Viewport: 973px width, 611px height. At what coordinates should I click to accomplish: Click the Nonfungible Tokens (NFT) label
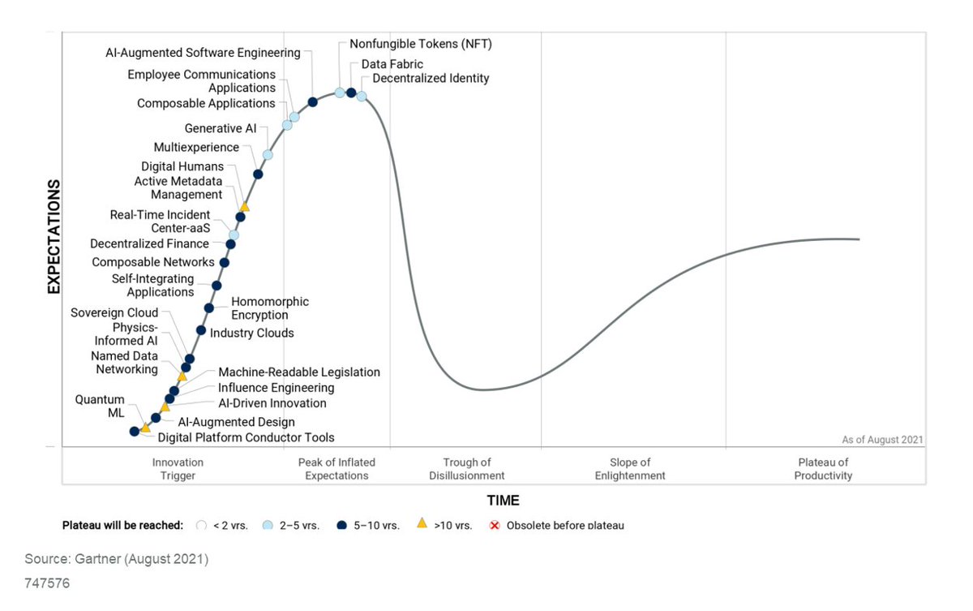(x=421, y=45)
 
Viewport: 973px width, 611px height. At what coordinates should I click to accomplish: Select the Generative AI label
(x=220, y=128)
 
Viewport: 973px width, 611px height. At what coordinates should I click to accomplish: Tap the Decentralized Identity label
(x=431, y=79)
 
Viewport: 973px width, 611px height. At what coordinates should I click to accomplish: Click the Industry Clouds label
(x=251, y=333)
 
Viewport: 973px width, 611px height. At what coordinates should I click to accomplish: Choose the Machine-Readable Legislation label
(x=299, y=372)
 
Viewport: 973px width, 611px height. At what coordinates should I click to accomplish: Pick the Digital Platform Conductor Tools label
(x=246, y=438)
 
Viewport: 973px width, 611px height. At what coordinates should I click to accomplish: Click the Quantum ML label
(x=100, y=406)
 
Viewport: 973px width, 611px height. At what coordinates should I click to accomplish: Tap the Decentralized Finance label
(x=149, y=243)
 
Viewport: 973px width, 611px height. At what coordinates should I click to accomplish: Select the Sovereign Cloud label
(x=114, y=313)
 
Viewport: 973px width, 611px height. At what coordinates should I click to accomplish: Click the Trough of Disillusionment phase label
(x=467, y=469)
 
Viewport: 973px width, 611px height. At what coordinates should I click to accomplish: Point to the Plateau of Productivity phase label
(x=823, y=469)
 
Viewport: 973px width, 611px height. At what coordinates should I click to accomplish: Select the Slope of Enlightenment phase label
(x=630, y=469)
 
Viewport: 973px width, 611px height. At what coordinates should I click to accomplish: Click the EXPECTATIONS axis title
(x=54, y=236)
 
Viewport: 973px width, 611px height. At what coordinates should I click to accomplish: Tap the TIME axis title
(x=503, y=500)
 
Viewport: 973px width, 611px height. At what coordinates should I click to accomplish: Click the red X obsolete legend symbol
(x=494, y=525)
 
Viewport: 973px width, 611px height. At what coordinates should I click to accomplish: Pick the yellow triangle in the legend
(x=422, y=524)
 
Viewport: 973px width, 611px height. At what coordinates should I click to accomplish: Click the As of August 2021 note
(x=882, y=440)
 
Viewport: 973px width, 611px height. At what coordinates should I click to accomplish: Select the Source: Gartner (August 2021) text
(x=116, y=559)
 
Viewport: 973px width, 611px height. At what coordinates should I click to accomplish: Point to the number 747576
(x=46, y=583)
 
